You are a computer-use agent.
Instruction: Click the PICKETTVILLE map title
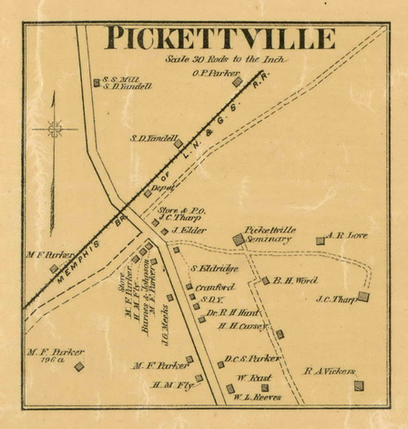pos(220,38)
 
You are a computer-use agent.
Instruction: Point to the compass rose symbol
pos(54,129)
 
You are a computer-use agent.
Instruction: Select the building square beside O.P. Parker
pos(237,82)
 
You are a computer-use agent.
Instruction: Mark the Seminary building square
pos(239,240)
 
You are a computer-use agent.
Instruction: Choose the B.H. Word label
pos(294,281)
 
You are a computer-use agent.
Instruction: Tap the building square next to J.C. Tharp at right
pos(363,296)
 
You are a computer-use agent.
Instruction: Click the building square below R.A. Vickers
pos(358,385)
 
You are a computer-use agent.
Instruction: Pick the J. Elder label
pos(189,230)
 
